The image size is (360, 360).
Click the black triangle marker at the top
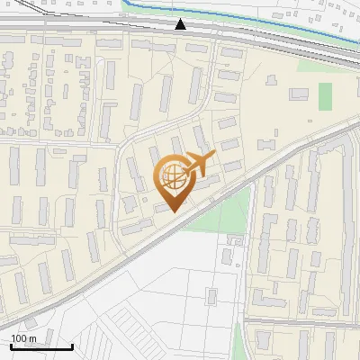(181, 24)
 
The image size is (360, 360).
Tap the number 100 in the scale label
(19, 338)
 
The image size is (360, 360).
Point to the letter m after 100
(31, 338)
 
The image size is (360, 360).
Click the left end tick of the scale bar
(11, 346)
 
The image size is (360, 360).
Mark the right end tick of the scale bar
(72, 346)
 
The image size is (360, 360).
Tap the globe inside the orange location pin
(174, 180)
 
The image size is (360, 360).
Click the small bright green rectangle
(325, 96)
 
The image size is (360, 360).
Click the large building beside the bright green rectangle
(299, 94)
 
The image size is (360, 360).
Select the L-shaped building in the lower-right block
(261, 297)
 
